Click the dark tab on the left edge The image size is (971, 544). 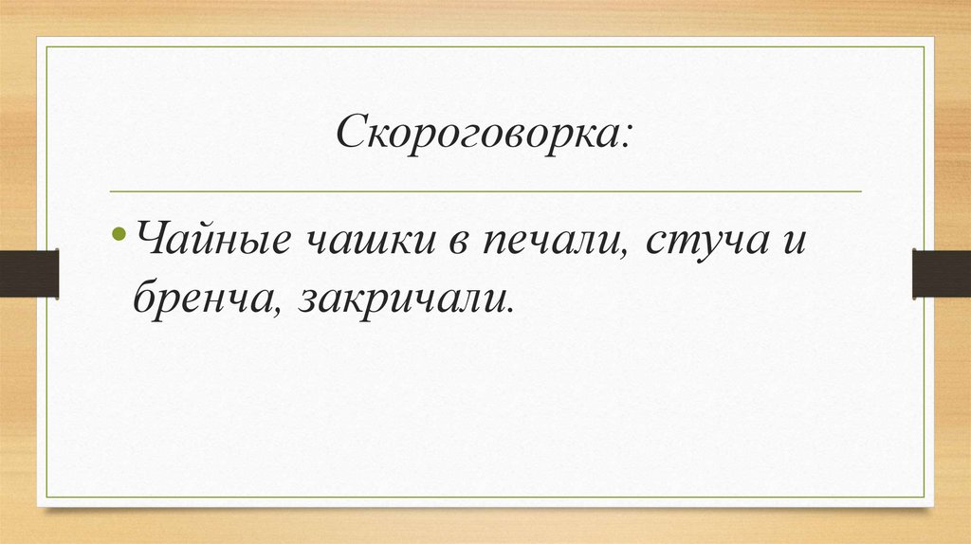click(29, 272)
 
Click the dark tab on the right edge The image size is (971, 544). click(941, 272)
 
